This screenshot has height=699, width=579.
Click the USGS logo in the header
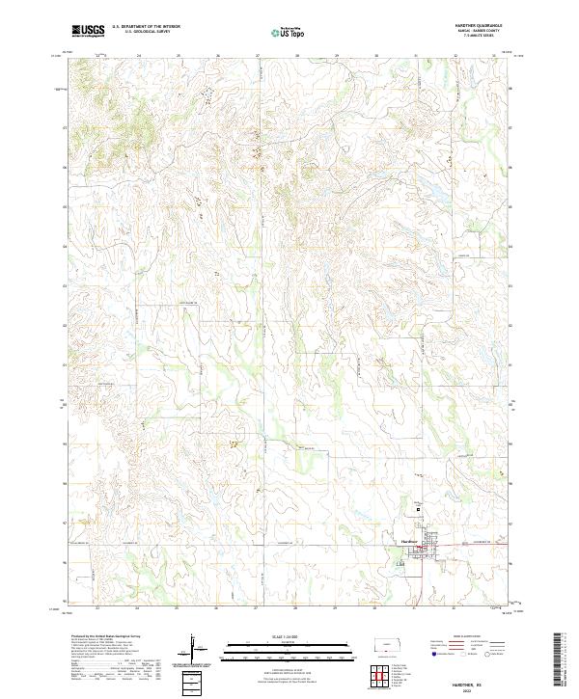(88, 31)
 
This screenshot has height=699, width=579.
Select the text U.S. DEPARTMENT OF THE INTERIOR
(146, 27)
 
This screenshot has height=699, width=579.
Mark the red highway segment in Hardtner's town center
(425, 551)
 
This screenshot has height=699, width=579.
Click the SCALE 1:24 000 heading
(289, 635)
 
